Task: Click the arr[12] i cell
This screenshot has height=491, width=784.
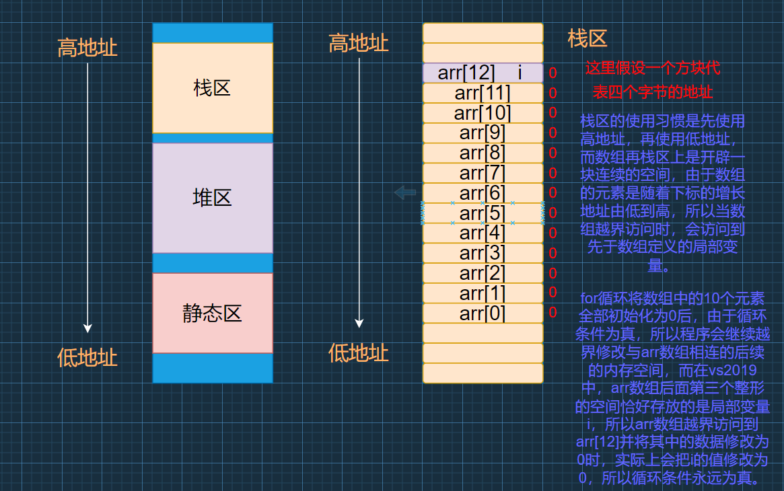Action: click(483, 73)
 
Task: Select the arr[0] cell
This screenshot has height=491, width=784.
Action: click(483, 313)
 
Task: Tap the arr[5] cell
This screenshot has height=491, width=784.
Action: click(483, 213)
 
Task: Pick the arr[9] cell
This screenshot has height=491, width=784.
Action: click(483, 133)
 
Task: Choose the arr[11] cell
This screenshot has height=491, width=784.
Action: click(483, 93)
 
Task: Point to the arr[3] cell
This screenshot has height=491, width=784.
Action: click(483, 254)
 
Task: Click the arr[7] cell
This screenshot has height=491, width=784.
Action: click(483, 173)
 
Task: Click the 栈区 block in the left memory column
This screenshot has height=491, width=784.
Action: click(213, 87)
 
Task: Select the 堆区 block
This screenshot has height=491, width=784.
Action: click(213, 198)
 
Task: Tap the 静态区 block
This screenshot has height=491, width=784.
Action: click(213, 313)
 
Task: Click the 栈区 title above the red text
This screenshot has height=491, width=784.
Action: click(587, 38)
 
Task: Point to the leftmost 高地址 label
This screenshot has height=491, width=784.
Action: click(87, 48)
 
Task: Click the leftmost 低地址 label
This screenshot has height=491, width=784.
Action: click(87, 357)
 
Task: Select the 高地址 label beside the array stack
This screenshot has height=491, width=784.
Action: click(359, 44)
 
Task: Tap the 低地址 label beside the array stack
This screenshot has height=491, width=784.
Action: click(359, 352)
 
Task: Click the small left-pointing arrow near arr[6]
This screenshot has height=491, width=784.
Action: click(405, 193)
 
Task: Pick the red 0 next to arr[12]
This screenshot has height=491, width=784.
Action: click(553, 73)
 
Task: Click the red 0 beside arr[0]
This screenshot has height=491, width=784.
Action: click(553, 312)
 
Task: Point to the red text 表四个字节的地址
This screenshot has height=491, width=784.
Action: click(652, 92)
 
